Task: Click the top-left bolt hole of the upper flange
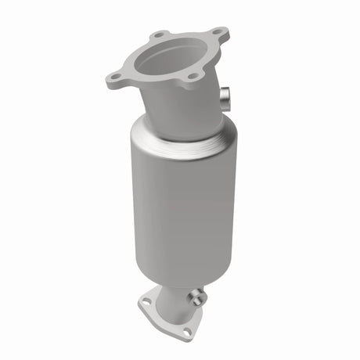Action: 160,35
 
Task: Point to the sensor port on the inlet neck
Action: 226,98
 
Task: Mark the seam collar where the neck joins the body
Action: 180,139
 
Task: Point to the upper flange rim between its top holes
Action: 189,33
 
